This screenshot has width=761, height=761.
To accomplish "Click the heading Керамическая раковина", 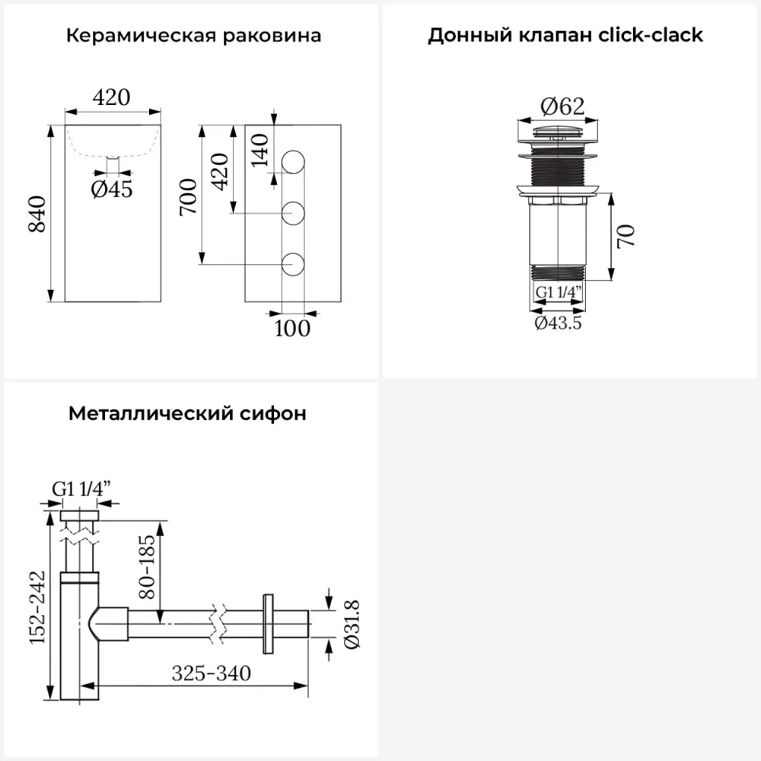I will tap(193, 36).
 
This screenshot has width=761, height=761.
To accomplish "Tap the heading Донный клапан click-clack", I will tap(565, 36).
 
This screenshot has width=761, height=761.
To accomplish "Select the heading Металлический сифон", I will tap(188, 414).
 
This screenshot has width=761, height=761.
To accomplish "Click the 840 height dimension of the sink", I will tap(38, 215).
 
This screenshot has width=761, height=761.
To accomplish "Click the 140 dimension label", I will tap(260, 150).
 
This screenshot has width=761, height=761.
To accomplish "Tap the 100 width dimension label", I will tap(293, 328).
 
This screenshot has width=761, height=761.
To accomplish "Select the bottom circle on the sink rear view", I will tap(294, 264).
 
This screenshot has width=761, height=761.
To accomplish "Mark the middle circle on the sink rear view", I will tap(294, 214).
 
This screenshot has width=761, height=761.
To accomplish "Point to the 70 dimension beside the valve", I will tap(626, 237).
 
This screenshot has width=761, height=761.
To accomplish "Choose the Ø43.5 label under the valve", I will tap(559, 323).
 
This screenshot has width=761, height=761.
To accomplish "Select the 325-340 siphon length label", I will tap(211, 673).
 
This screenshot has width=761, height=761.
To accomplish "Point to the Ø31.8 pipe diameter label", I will tap(352, 625).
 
